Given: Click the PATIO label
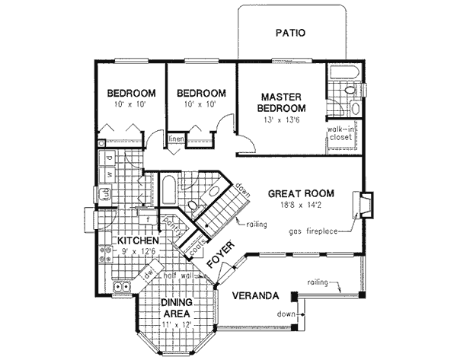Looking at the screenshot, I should pos(289,33).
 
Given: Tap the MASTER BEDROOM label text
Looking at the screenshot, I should pos(283,104).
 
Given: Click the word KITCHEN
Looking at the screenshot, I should pos(137,241).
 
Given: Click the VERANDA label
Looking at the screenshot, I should pos(255,295).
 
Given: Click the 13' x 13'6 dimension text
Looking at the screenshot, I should pos(283,119).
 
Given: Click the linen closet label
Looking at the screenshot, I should pos(176,139).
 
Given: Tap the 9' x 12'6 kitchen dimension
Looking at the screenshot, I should pos(138,252).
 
